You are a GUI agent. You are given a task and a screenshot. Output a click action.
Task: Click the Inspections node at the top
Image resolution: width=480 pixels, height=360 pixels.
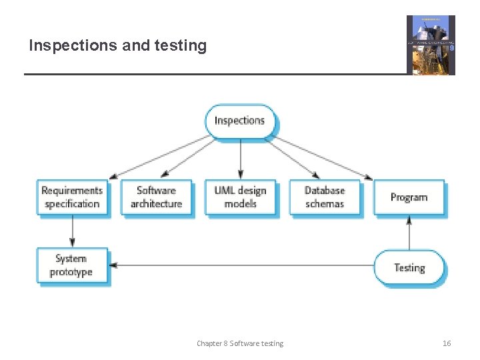point(240,121)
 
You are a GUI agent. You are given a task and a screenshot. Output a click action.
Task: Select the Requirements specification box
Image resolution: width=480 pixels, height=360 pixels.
point(72,197)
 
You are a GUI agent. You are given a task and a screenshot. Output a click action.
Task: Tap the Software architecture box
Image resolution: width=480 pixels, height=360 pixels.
point(156,197)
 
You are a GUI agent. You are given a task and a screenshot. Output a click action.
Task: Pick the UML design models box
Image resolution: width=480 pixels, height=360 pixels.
point(240,197)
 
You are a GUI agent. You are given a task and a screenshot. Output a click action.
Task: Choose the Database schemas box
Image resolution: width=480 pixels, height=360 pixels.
point(325,197)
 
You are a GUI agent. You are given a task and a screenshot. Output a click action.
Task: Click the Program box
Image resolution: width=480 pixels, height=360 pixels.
point(409,197)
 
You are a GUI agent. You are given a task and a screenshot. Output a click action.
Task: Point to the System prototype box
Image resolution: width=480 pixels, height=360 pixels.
point(72,265)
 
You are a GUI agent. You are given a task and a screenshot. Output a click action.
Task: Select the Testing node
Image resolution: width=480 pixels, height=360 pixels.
point(409,268)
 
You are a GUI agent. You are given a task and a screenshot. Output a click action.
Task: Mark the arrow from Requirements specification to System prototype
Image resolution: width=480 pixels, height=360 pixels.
point(72,231)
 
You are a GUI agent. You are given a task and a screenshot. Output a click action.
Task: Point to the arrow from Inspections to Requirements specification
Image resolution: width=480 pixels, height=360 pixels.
point(160,157)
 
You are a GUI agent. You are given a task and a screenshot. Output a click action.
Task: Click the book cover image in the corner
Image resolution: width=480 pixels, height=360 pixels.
point(431,45)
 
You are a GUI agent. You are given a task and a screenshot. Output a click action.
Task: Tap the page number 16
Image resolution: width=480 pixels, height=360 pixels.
point(447,343)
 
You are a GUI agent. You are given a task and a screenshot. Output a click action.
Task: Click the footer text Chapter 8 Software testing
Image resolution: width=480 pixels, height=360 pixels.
point(240,343)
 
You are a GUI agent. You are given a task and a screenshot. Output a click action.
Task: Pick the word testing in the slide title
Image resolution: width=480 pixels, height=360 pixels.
point(181,46)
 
